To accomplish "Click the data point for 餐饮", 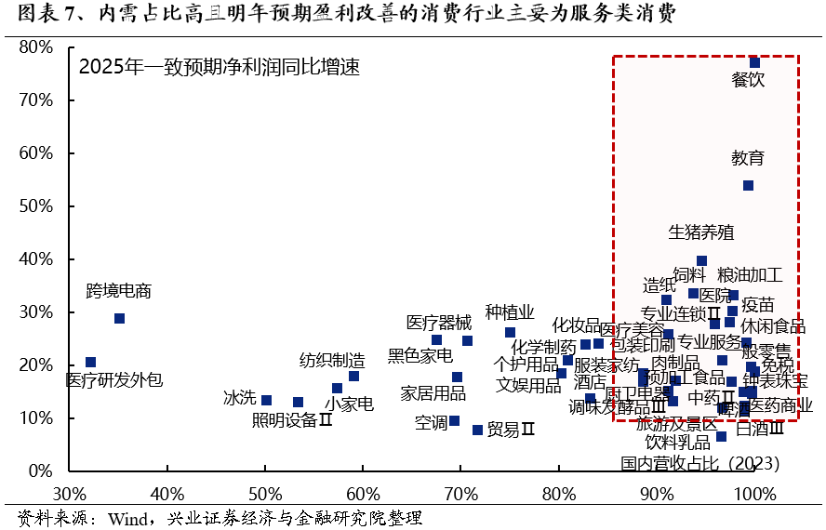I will (x=754, y=62).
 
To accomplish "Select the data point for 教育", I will (x=748, y=185).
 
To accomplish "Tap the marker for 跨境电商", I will (x=119, y=318).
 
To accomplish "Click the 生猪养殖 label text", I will (x=701, y=232).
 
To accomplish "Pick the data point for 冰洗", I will (x=266, y=400).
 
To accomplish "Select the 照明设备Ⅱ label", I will (x=292, y=419).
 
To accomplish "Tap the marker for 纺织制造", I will (x=353, y=376).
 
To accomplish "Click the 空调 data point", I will (x=454, y=420).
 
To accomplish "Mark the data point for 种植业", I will (x=510, y=332).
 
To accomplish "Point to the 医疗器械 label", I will (x=439, y=323).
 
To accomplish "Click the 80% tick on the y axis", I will (x=39, y=46).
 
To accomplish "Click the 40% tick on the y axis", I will (x=39, y=258).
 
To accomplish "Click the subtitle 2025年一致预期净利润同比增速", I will (x=219, y=68).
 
